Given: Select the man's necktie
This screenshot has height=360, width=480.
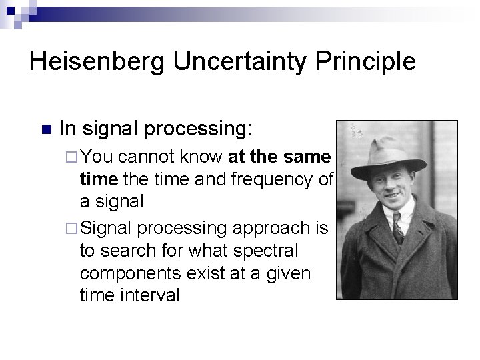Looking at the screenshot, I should [399, 227].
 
